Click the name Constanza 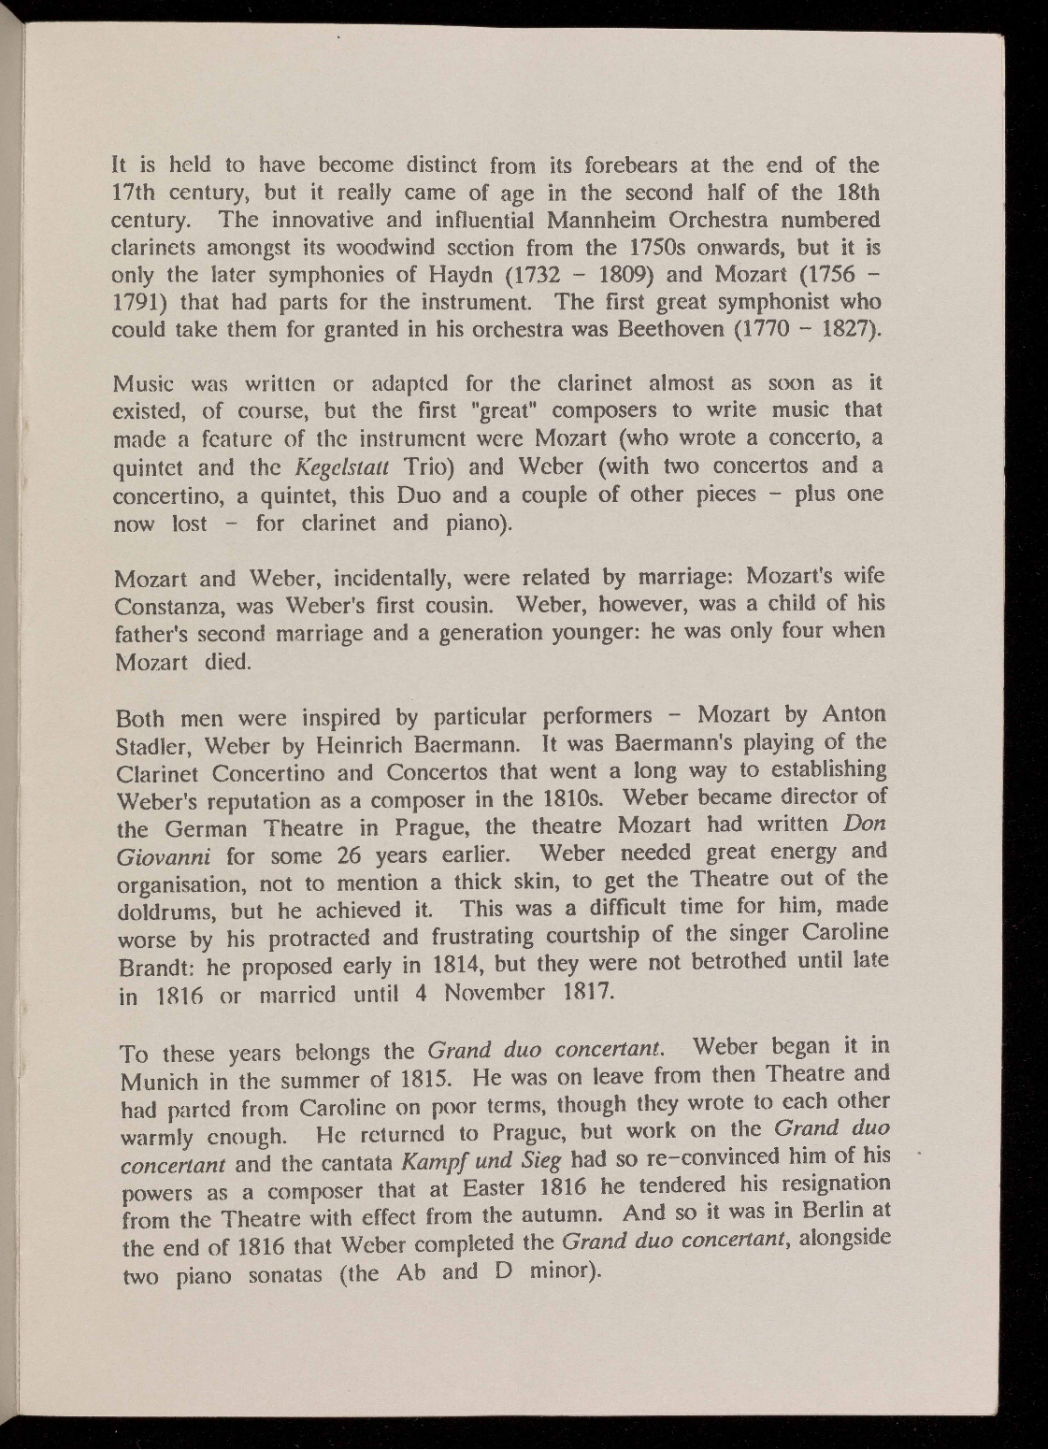click(x=165, y=605)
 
